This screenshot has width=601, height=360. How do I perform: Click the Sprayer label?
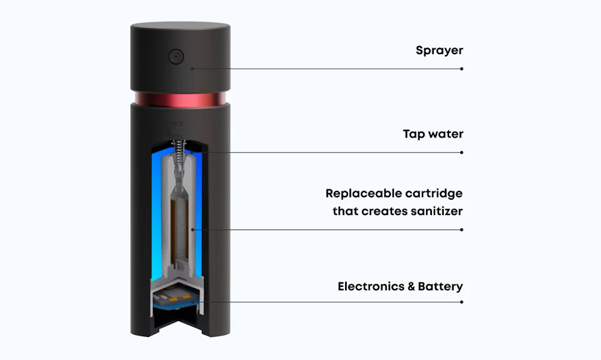pyautogui.click(x=439, y=51)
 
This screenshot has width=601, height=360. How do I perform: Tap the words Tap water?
pyautogui.click(x=433, y=134)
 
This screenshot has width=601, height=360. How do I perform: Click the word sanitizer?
pyautogui.click(x=434, y=211)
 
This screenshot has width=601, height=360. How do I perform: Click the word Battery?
pyautogui.click(x=440, y=287)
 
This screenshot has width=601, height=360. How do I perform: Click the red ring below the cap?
pyautogui.click(x=180, y=97)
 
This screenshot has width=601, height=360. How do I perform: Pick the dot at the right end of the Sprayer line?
pyautogui.click(x=462, y=69)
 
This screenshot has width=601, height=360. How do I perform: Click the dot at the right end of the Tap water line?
pyautogui.click(x=462, y=152)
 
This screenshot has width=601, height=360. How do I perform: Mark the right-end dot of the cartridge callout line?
pyautogui.click(x=462, y=229)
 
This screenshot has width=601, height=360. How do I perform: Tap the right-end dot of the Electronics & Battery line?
pyautogui.click(x=462, y=302)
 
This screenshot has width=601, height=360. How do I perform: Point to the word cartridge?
pyautogui.click(x=435, y=193)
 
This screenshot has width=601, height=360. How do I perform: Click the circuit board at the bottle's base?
pyautogui.click(x=176, y=300)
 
